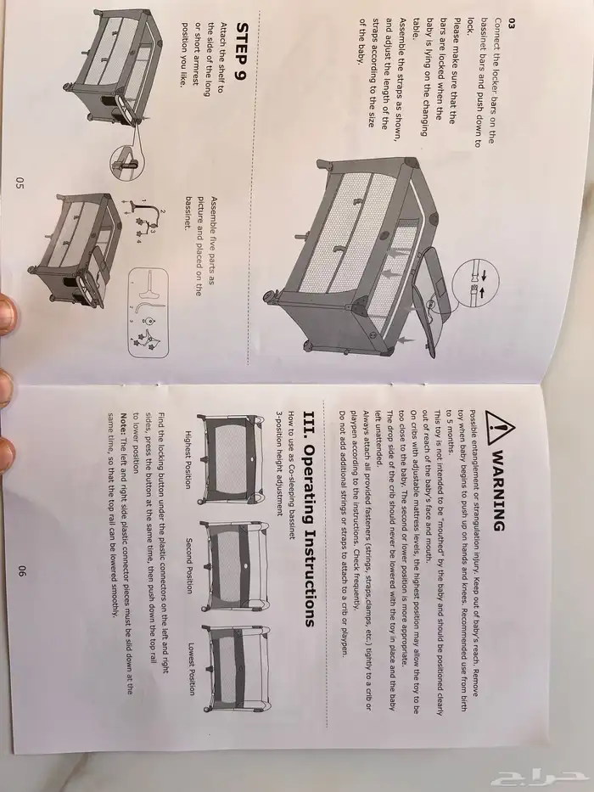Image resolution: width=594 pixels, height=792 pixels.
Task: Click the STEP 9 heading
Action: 243,51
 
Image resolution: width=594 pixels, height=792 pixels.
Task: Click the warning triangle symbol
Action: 500,427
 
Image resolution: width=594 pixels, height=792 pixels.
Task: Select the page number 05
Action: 20,183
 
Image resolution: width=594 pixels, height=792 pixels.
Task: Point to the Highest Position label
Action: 188,459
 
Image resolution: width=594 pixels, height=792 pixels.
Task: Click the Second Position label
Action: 190,565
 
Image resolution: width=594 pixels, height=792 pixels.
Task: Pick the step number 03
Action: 497,24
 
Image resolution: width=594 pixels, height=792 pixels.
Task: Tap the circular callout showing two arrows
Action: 475,283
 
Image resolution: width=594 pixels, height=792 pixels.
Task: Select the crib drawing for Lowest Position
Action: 237,669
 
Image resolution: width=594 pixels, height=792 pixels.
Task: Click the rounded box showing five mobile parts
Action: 148,312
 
